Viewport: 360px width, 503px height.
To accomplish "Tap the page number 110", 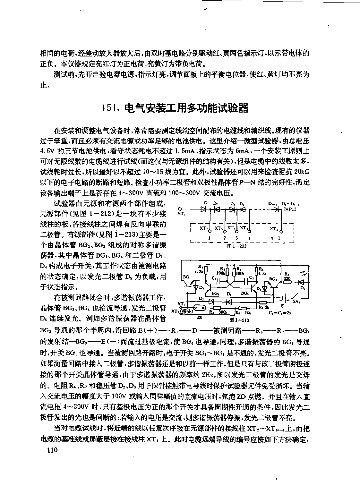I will [52, 450].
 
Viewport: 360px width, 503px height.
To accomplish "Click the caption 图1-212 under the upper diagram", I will [236, 246].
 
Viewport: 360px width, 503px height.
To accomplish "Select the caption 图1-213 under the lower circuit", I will [239, 320].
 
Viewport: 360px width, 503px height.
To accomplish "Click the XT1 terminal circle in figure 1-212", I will [181, 209].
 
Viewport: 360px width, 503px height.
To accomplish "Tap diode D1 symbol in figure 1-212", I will [203, 209].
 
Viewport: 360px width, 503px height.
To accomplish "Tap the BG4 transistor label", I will [273, 279].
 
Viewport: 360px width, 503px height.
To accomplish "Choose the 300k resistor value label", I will [223, 311].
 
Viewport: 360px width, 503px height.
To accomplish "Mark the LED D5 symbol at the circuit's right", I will [301, 282].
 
